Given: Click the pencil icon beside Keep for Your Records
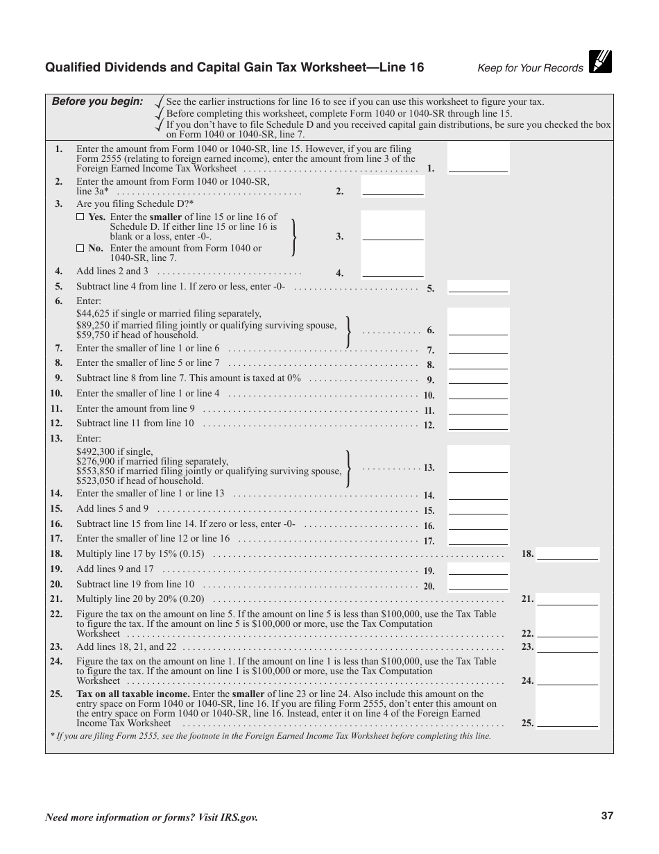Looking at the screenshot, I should click(600, 62).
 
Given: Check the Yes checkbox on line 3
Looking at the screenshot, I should click(80, 217).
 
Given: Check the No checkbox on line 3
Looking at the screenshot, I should click(80, 248).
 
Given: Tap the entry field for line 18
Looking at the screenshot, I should click(567, 553).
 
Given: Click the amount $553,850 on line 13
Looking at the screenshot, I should click(96, 471).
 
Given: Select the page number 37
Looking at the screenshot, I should click(608, 817).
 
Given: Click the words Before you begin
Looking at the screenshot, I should click(97, 101).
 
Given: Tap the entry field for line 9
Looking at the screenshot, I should click(478, 379).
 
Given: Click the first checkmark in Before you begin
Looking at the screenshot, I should click(160, 101).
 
